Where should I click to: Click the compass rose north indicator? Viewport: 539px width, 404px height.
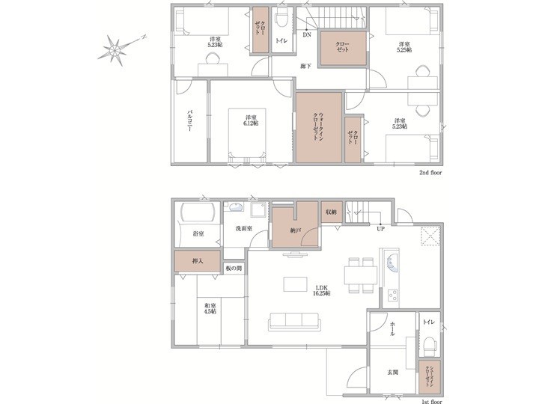point(144,37)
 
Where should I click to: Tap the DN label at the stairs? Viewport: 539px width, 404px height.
point(307,34)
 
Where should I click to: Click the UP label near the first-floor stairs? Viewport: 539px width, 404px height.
point(380,228)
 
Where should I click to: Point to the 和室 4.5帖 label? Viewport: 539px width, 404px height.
point(210,308)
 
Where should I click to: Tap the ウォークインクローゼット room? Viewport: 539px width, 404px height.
point(320,127)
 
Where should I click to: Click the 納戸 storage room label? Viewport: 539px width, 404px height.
point(295,230)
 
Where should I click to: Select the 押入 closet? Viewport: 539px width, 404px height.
point(198,261)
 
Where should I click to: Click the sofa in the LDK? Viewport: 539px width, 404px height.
point(295,322)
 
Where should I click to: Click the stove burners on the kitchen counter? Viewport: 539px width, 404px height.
point(392,295)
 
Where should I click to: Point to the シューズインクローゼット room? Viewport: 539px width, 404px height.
point(430,377)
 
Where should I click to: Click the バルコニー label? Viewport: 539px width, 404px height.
point(189,120)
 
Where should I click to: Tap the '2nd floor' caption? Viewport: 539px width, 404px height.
point(430,173)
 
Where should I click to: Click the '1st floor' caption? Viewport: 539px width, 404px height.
point(431,401)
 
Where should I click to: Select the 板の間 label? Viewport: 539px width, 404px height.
point(234,269)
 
